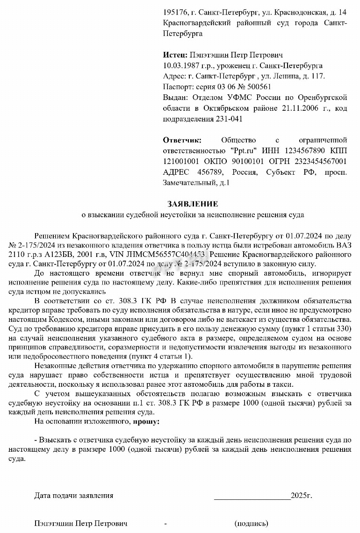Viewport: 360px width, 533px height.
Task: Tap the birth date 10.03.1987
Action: (180, 66)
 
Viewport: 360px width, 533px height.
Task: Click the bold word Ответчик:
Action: (182, 140)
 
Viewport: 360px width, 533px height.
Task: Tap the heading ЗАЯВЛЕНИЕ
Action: (193, 204)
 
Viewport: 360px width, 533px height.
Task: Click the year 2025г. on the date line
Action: (301, 496)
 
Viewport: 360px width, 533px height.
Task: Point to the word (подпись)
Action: (252, 523)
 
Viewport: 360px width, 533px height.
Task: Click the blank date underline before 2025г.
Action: (252, 497)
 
